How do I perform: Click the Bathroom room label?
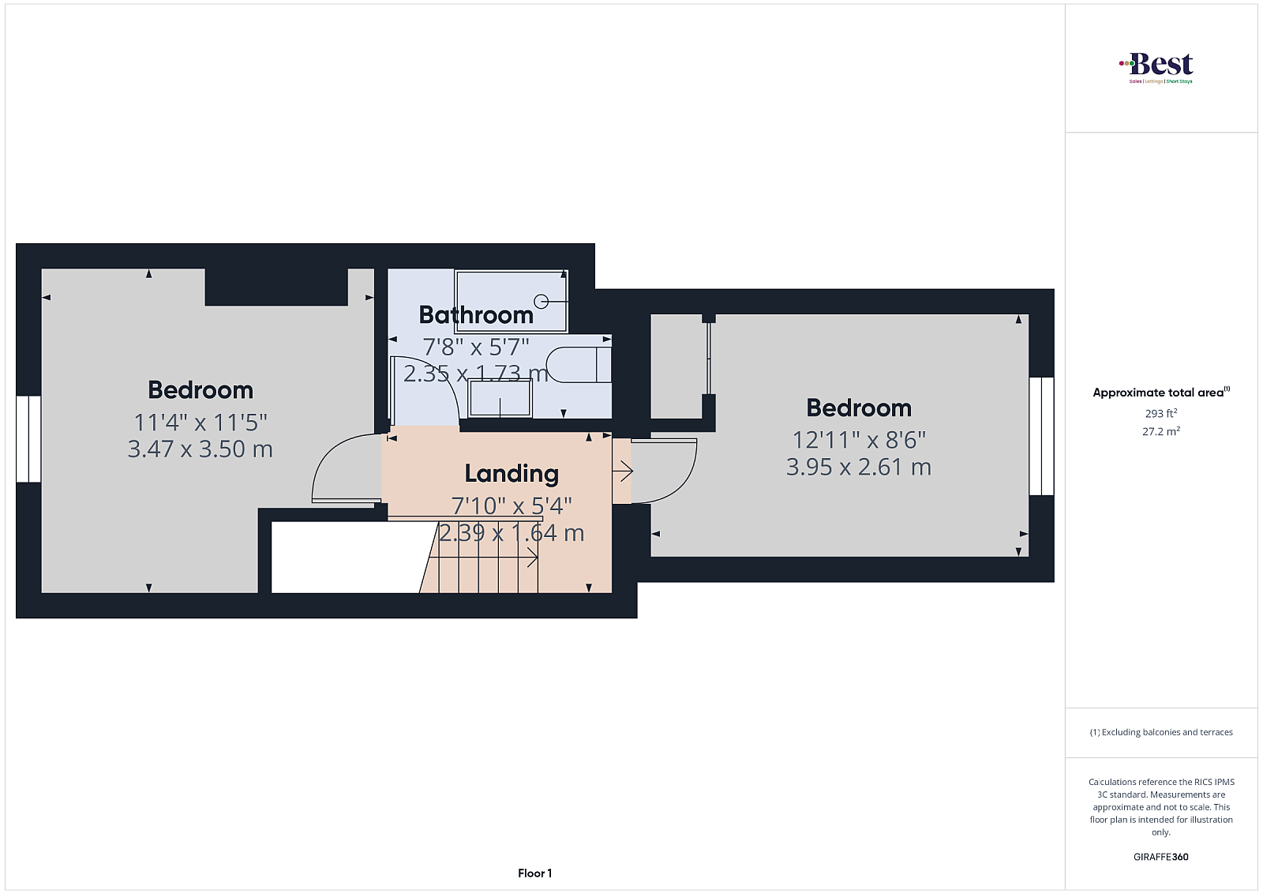(x=476, y=315)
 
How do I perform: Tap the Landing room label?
(x=512, y=474)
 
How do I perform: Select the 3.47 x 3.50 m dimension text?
(x=201, y=449)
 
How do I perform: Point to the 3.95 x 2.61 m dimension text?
(x=859, y=467)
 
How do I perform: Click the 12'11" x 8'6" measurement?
(x=859, y=440)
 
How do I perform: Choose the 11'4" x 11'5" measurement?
(x=201, y=422)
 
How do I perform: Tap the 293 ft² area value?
(x=1161, y=414)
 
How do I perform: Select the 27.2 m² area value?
(x=1161, y=431)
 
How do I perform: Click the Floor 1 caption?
(x=534, y=873)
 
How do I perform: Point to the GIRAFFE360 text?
(x=1161, y=857)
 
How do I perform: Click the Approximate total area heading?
(x=1161, y=392)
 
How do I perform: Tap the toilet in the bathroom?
(x=579, y=366)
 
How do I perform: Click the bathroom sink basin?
(x=500, y=398)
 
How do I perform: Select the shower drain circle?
(x=542, y=302)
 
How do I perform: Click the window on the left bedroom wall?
(x=28, y=439)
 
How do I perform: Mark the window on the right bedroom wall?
(x=1041, y=436)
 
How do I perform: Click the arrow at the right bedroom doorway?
(x=623, y=471)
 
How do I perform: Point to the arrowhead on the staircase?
(x=532, y=558)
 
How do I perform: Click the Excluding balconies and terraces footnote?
(x=1161, y=732)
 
